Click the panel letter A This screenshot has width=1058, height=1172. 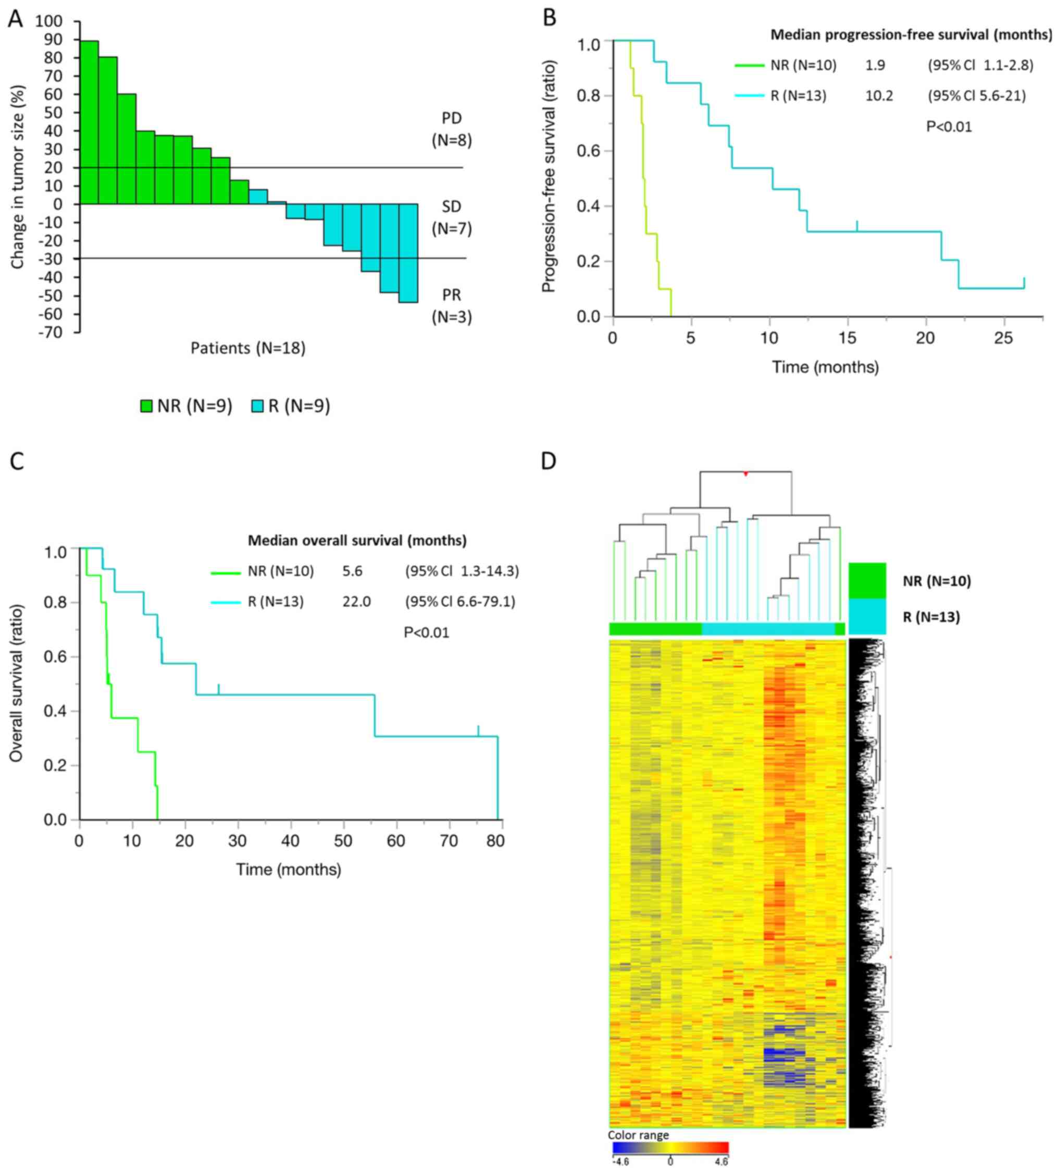tap(16, 19)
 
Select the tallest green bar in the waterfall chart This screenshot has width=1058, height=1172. tap(89, 122)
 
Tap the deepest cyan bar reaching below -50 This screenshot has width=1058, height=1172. tap(408, 253)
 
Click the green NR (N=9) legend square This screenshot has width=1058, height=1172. tap(146, 406)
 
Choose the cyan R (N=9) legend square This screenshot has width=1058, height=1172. tap(257, 406)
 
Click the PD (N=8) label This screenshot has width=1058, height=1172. tap(452, 129)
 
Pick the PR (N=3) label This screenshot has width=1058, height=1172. tap(452, 306)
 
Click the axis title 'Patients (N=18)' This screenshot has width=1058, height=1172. tap(248, 348)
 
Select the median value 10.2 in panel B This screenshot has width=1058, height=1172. tap(879, 96)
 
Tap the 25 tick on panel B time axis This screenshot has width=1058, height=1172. tap(1003, 338)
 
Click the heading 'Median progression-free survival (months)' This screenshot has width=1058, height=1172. tap(911, 35)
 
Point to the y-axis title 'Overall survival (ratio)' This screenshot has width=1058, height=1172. tap(16, 683)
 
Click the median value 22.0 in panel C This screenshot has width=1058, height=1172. tap(356, 601)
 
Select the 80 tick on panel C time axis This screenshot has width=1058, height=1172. tap(495, 841)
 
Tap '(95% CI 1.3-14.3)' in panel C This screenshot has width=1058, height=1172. tap(462, 571)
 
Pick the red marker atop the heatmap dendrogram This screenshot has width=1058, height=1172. tap(745, 474)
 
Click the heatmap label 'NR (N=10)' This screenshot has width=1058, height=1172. tap(937, 581)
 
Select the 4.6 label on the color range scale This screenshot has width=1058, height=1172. tap(721, 1162)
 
